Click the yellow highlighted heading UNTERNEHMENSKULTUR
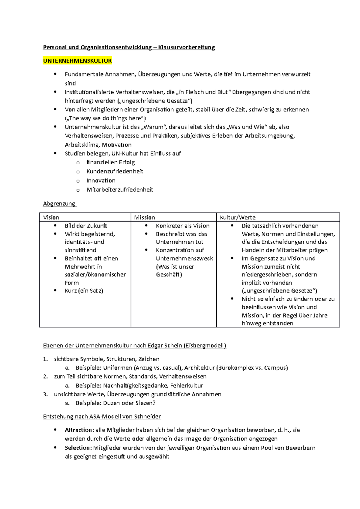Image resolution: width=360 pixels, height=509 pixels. coord(77,61)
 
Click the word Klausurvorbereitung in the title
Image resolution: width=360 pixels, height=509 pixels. coord(187,47)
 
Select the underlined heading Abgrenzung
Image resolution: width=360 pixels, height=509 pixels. coord(59,204)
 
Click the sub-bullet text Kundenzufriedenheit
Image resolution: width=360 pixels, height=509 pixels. coord(115,171)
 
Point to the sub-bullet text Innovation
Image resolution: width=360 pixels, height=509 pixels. coord(101,180)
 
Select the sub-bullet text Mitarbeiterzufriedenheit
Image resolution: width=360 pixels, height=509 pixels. coord(120,189)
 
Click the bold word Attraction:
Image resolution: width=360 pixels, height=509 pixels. coord(79,430)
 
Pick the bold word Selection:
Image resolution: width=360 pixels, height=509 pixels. coord(78,448)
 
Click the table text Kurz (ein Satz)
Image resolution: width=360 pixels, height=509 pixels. coord(84,290)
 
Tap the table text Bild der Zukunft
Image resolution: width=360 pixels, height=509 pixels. coord(86,226)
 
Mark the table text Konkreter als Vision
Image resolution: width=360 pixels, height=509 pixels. coord(182,226)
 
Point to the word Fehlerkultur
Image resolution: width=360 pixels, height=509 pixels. coord(187,385)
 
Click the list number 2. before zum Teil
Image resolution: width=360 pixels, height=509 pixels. coord(45,377)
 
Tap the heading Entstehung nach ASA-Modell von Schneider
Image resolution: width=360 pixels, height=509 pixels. coord(102,416)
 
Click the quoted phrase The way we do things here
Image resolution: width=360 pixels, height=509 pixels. coord(105,118)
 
